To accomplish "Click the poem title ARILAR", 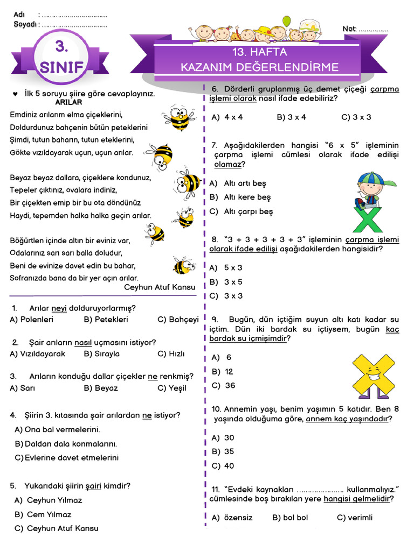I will pos(68,102).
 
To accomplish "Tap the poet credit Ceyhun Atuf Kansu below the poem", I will pos(160,287).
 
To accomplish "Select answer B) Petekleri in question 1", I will pos(106,320).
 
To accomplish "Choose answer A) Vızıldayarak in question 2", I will pos(38,354).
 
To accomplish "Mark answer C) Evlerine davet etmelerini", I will pos(67,458).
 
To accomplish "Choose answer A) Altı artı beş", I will pos(238,183).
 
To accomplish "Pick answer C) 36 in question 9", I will pos(223,386).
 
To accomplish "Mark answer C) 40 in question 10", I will pos(223,466).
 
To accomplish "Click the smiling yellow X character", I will pos(372,374).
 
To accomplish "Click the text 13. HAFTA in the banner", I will pos(260,53).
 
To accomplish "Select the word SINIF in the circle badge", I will pos(61,68).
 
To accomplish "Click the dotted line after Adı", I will pos(73,15).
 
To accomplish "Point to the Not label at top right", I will pos(349,29).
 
